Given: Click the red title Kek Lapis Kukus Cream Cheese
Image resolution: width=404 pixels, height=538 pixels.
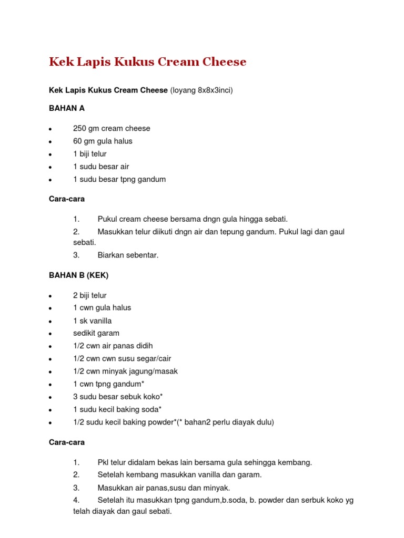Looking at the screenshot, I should click(x=147, y=62).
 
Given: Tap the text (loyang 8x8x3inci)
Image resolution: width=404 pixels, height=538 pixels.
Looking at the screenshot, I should click(x=201, y=90).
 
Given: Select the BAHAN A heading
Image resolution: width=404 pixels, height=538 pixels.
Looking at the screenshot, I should click(x=67, y=108).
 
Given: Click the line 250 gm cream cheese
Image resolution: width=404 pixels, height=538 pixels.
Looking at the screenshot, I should click(x=112, y=129).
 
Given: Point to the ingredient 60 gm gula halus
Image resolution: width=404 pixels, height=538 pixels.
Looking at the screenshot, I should click(x=103, y=141).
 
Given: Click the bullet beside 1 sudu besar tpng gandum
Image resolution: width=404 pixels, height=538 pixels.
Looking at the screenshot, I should click(x=49, y=180).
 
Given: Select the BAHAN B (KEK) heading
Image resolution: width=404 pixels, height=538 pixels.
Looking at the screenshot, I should click(x=78, y=275).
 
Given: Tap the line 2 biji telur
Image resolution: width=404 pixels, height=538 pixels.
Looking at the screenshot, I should click(x=90, y=295).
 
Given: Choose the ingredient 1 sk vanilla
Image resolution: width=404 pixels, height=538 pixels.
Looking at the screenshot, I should click(x=93, y=320).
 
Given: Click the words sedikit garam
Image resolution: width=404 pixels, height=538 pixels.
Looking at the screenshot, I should click(x=96, y=333).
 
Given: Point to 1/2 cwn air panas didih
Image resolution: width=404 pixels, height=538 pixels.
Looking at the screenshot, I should click(x=113, y=346).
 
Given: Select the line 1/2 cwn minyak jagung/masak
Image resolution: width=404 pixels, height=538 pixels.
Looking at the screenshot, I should click(x=125, y=371).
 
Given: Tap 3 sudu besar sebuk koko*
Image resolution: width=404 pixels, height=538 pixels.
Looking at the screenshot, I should click(x=115, y=397).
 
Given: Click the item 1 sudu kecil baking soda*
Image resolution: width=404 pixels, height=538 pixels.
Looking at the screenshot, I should click(x=117, y=409).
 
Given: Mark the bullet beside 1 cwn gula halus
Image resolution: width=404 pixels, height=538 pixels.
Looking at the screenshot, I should click(x=49, y=308).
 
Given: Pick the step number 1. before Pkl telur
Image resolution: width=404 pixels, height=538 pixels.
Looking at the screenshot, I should click(x=76, y=462).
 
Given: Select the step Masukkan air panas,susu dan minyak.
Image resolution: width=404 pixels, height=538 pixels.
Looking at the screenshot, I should click(x=164, y=488).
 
